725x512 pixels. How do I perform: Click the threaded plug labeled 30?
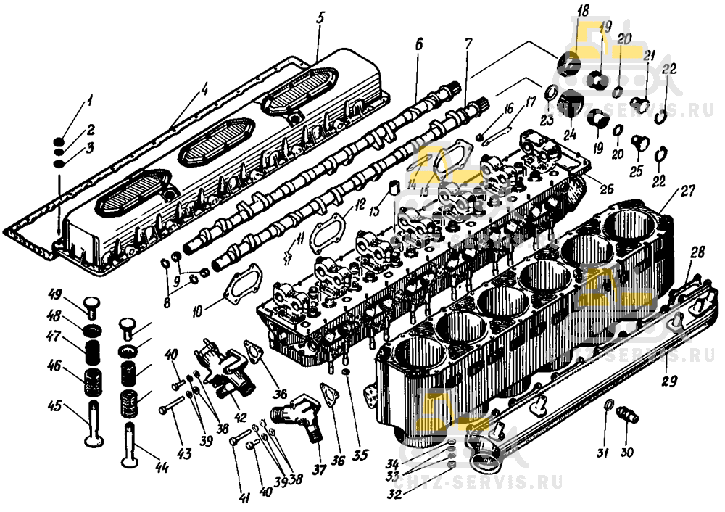tap(625, 416)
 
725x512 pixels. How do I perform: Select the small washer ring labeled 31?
tap(608, 405)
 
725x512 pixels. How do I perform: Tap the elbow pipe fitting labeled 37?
tap(295, 421)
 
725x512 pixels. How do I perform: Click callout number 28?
tap(697, 252)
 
